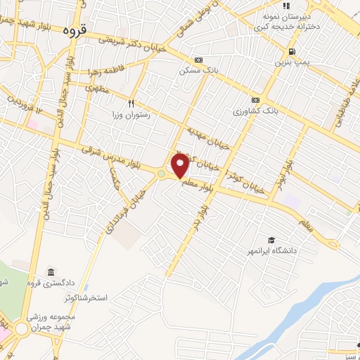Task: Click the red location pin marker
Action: tap(180, 165)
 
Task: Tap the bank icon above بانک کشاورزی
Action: tap(255, 100)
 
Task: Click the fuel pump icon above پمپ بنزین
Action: tap(291, 51)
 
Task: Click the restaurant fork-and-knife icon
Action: tap(131, 102)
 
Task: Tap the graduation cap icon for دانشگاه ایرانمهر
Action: tap(271, 240)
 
